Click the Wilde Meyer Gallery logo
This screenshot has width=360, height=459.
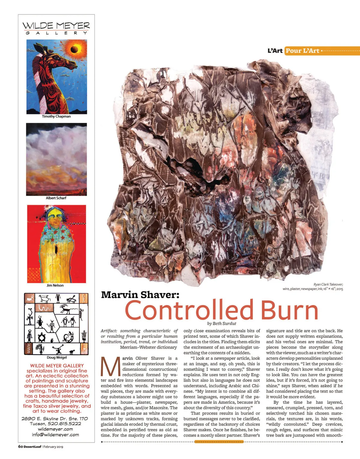point(56,28)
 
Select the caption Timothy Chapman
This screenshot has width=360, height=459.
point(56,116)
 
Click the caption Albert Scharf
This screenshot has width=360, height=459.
point(56,198)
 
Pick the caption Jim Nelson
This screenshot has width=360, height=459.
point(55,285)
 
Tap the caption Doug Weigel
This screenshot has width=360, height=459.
point(57,357)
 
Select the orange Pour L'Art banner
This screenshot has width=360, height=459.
point(302,51)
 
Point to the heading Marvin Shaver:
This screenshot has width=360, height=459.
point(140,295)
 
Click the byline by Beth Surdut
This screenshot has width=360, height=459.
point(222,323)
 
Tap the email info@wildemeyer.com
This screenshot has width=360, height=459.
point(55,434)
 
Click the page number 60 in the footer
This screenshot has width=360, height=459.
point(20,446)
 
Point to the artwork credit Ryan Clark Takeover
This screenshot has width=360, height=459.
point(328,284)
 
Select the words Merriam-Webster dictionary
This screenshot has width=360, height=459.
point(148,347)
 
